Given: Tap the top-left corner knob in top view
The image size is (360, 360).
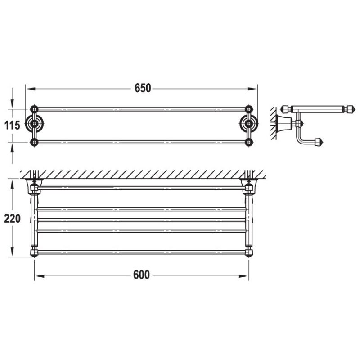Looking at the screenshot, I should (x=34, y=109).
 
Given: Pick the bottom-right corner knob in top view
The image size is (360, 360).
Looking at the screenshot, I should (x=248, y=142).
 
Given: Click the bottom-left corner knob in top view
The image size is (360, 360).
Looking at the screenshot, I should (x=34, y=142).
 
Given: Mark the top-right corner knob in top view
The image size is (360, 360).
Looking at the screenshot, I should (x=248, y=109).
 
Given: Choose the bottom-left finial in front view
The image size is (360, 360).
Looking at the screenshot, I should (x=34, y=251).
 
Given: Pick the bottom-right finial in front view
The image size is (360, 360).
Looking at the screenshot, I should (x=248, y=251).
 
